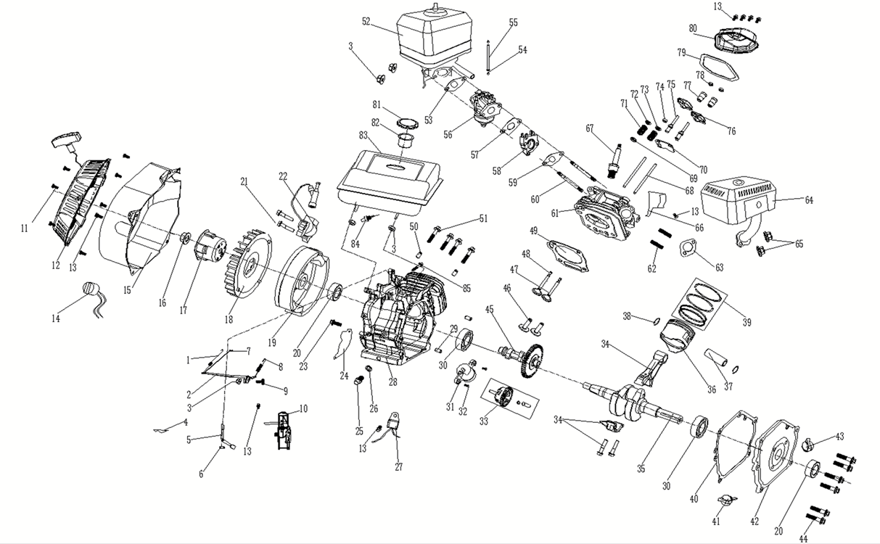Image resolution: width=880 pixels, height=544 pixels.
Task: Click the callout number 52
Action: (x=366, y=22)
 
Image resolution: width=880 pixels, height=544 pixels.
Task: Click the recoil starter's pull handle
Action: (x=67, y=139)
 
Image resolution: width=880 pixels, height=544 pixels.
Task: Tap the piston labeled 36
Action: (x=682, y=341)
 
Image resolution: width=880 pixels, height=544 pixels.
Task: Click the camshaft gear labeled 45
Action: (x=532, y=358)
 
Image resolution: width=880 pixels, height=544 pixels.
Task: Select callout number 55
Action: (x=513, y=22)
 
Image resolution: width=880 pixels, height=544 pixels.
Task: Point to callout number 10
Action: (x=303, y=409)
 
